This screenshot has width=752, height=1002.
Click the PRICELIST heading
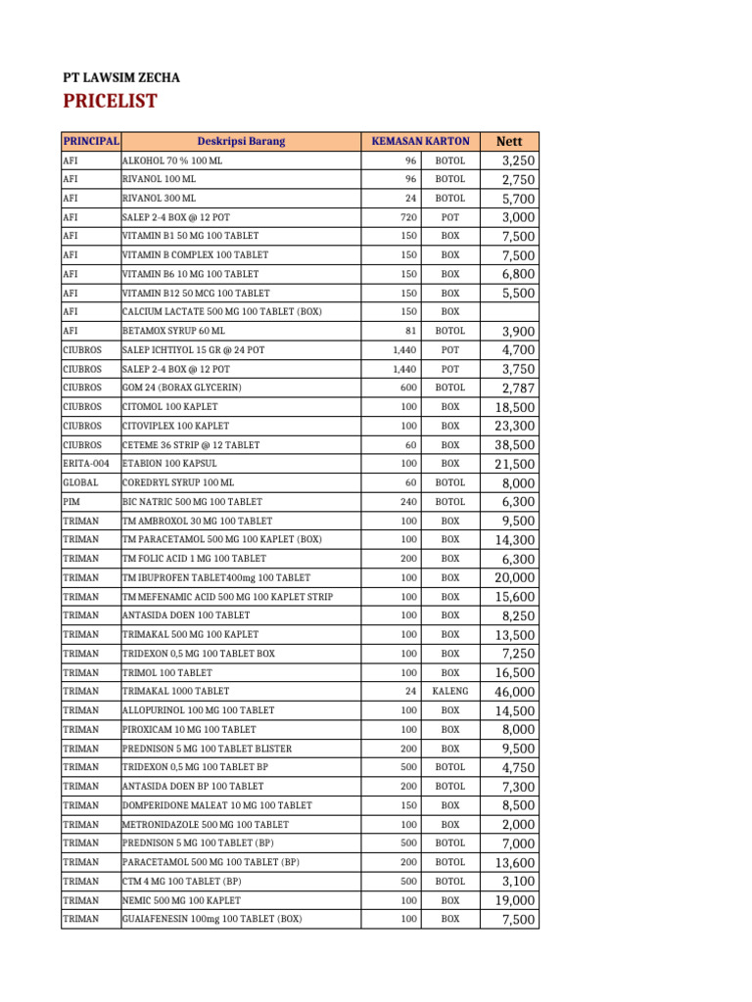point(110,103)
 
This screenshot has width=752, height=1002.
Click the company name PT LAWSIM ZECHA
point(121,77)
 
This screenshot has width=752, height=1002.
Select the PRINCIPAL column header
point(90,141)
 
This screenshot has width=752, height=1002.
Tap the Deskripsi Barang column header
point(241,141)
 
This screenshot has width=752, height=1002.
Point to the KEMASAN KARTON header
point(420,141)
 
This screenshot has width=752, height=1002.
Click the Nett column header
point(510,141)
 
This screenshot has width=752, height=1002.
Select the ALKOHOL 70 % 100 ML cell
point(165,160)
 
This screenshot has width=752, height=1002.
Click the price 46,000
point(512,692)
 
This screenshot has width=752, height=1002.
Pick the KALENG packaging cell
point(450,692)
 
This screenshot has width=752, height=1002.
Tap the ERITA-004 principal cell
point(86,464)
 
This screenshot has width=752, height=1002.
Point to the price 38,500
point(512,445)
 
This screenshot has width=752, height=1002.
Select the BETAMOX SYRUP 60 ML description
point(173,331)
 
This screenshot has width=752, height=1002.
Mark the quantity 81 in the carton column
point(411,331)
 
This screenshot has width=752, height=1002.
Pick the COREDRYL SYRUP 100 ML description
point(178,483)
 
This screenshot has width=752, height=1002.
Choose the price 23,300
point(512,426)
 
